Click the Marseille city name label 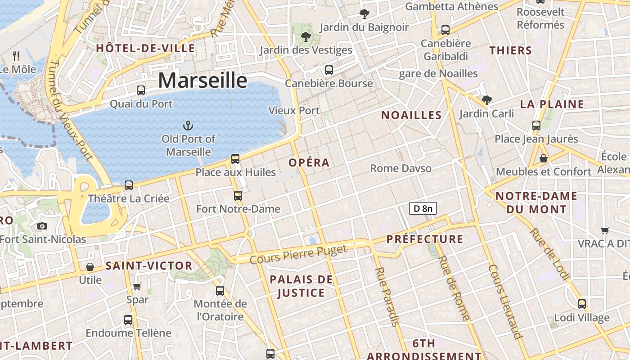(x=202, y=81)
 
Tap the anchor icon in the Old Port (x=188, y=126)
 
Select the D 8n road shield (x=423, y=208)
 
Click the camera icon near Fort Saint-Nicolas (x=42, y=226)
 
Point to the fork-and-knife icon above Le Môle (x=17, y=56)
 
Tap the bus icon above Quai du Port (x=141, y=90)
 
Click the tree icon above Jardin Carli (x=486, y=100)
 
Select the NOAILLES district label (x=411, y=115)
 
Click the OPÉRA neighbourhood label (x=309, y=162)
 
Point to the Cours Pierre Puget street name (x=298, y=255)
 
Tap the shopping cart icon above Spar (x=137, y=286)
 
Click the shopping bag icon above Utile (x=90, y=266)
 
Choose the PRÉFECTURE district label (x=425, y=239)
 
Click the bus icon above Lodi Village (x=582, y=304)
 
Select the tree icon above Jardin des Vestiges (x=306, y=36)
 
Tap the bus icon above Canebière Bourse (x=329, y=70)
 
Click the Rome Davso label (x=400, y=168)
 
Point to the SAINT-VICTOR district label (x=149, y=266)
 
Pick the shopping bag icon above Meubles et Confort (x=544, y=158)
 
